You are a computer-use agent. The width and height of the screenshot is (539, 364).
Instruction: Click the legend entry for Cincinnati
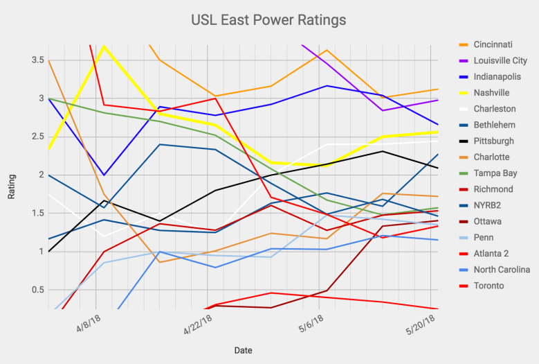(x=494, y=45)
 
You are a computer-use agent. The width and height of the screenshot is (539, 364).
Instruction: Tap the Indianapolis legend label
(x=498, y=77)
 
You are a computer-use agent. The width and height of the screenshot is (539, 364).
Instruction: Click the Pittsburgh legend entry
(x=495, y=141)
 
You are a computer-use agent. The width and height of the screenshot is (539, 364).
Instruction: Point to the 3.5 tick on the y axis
(x=35, y=60)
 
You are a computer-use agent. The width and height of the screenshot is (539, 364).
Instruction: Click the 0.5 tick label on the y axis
(x=35, y=290)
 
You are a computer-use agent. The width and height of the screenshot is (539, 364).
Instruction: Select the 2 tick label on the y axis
(x=39, y=175)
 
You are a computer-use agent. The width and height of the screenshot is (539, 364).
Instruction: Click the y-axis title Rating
(x=12, y=187)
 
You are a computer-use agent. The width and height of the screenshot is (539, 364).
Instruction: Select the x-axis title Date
(x=243, y=350)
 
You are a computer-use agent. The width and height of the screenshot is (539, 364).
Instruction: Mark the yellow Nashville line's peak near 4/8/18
(x=104, y=46)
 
